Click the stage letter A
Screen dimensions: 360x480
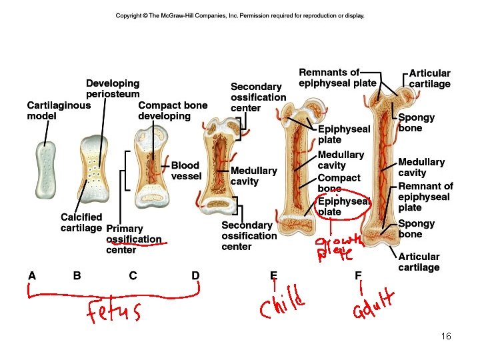coord(32,275)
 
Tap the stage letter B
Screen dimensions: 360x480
coord(77,275)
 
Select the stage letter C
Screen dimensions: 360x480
coord(133,275)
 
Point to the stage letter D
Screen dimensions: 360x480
coord(195,275)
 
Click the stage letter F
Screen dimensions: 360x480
coord(359,275)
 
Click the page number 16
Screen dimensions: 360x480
coord(446,337)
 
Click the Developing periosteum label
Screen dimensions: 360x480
coord(113,89)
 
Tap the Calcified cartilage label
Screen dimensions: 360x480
coord(81,222)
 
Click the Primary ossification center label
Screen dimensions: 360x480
coord(133,239)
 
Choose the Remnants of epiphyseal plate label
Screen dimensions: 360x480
coord(337,77)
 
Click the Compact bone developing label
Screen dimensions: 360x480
coord(173,110)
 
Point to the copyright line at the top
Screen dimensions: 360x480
coord(240,15)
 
